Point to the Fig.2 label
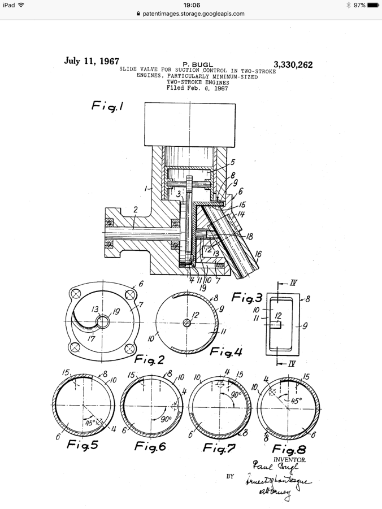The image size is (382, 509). click(x=148, y=359)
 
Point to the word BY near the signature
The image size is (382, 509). click(x=230, y=476)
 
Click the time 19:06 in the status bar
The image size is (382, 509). click(x=190, y=5)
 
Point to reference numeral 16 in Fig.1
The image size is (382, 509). click(x=258, y=255)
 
